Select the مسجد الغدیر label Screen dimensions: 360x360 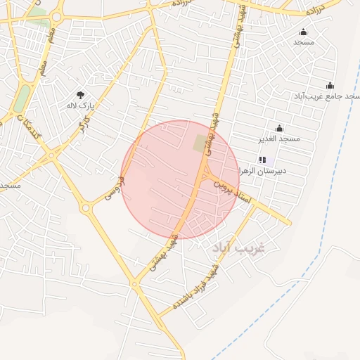(x=279, y=139)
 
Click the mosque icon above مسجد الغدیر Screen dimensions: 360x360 (x=279, y=128)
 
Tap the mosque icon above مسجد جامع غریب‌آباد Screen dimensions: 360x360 (x=330, y=85)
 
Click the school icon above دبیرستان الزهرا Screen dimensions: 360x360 (x=262, y=160)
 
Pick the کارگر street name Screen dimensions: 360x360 (x=84, y=126)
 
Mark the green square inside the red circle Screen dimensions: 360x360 (x=202, y=143)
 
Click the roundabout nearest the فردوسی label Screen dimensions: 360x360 (x=86, y=207)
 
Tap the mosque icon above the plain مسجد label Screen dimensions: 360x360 (x=304, y=32)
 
